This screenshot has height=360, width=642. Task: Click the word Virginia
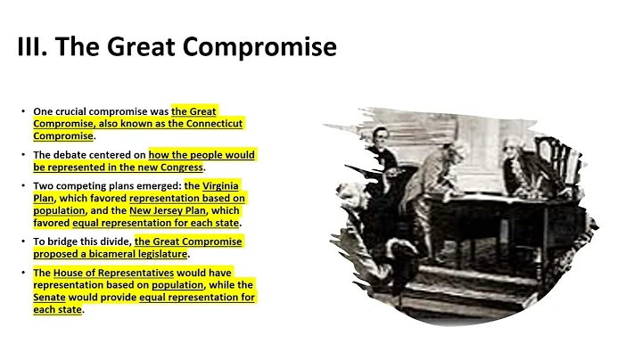pyautogui.click(x=219, y=185)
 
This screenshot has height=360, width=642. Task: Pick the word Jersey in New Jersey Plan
pyautogui.click(x=176, y=210)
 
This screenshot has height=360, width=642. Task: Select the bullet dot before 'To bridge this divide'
pyautogui.click(x=24, y=241)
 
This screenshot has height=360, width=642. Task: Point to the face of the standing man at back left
pyautogui.click(x=383, y=137)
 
